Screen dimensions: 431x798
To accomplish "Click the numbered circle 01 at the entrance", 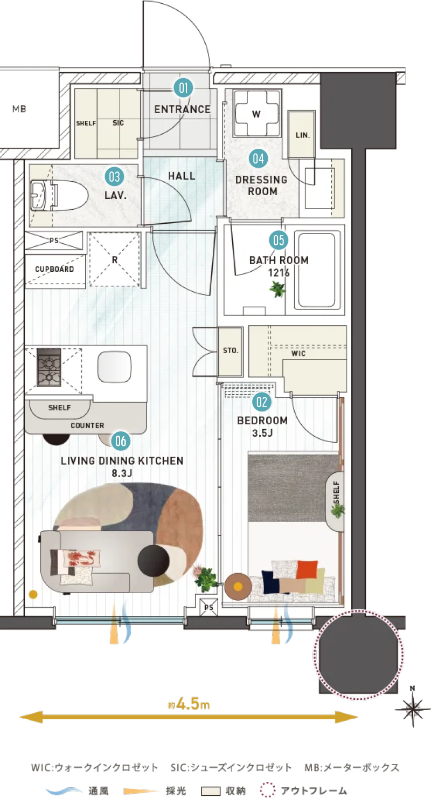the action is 183,88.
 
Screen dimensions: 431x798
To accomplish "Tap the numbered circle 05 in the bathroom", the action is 279,240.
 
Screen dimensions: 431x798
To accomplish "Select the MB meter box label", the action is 19,109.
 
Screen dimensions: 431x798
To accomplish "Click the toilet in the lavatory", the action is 59,196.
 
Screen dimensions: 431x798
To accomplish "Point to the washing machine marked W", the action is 256,113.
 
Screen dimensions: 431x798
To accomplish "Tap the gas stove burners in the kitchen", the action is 49,367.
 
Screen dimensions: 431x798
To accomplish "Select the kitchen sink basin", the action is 114,367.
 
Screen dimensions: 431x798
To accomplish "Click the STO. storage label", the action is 231,350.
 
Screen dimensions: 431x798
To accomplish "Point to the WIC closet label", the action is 298,353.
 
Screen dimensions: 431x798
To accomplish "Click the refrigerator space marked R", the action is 114,259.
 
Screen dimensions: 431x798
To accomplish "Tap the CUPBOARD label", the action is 54,269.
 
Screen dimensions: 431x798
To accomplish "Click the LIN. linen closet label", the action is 303,135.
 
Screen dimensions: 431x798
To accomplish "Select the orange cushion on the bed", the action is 307,569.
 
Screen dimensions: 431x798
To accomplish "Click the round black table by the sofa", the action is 154,560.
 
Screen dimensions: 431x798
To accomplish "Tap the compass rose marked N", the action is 413,709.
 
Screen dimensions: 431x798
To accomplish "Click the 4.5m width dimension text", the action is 189,704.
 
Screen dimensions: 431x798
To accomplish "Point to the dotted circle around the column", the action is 359,655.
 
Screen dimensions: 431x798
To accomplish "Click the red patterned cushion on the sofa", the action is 82,558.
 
